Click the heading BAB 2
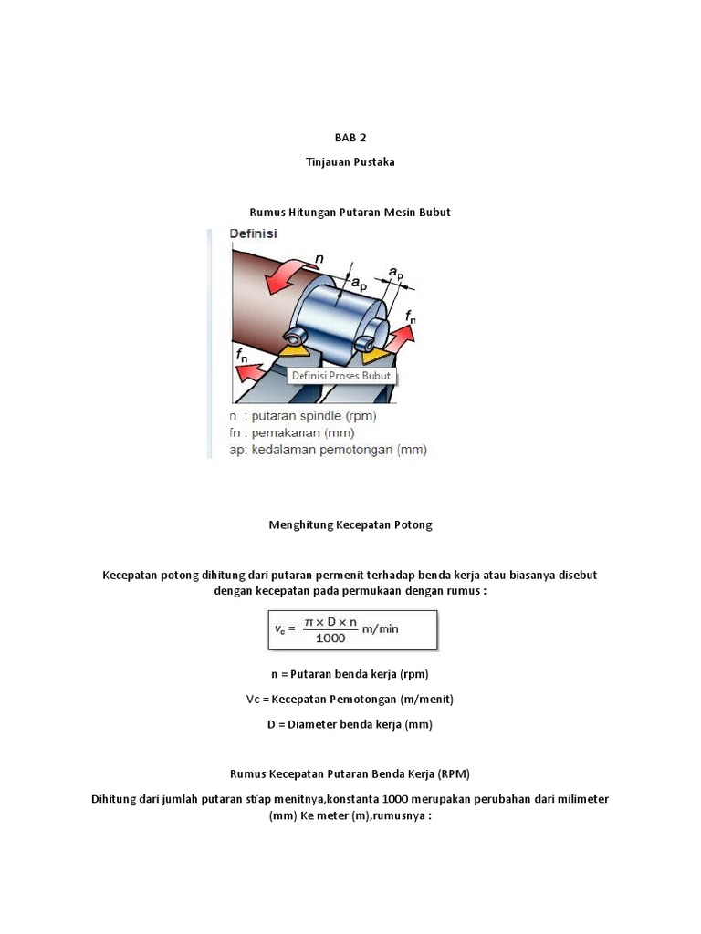(350, 138)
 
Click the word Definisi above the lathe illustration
(254, 234)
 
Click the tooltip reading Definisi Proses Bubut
(340, 376)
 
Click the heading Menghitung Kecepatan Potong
(350, 524)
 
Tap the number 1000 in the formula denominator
(330, 638)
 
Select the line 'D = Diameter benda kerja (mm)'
(350, 724)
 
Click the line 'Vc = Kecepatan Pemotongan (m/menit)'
(350, 700)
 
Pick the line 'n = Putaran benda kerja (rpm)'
(350, 674)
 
